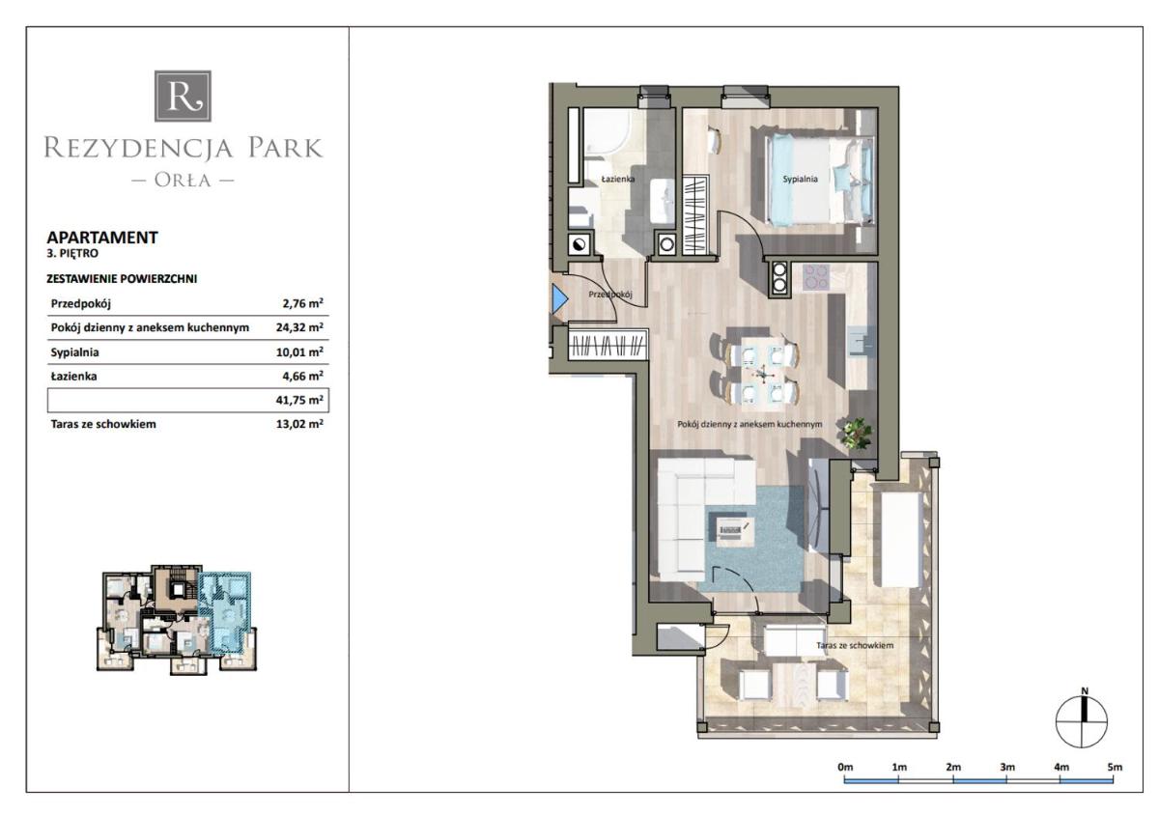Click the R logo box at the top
click(x=183, y=97)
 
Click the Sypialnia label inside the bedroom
click(x=800, y=179)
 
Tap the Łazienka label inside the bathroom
click(x=618, y=179)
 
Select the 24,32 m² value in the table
click(x=300, y=327)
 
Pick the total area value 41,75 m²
click(x=300, y=400)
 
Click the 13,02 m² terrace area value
click(x=300, y=424)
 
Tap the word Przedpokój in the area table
click(x=81, y=304)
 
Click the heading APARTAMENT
click(x=102, y=238)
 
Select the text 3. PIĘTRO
click(x=72, y=254)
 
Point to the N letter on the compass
click(x=1085, y=690)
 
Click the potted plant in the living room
click(x=857, y=434)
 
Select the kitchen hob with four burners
click(x=816, y=277)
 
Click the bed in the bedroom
click(x=820, y=179)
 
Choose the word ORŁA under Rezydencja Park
click(x=183, y=180)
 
